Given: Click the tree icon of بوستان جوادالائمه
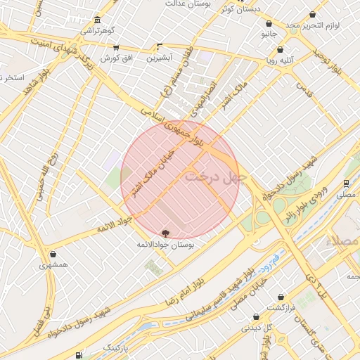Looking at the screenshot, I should click(x=165, y=232).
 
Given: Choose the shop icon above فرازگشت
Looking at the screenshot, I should click(x=281, y=297).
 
